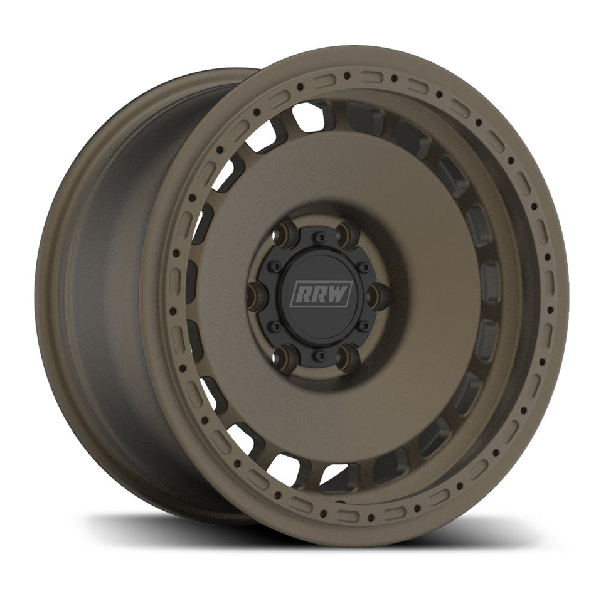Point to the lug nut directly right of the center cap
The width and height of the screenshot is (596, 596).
click(x=378, y=294)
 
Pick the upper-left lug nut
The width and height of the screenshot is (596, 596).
click(x=287, y=233)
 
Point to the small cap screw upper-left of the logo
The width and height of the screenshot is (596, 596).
click(x=275, y=266)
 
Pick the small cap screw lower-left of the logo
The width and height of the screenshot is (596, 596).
click(x=275, y=326)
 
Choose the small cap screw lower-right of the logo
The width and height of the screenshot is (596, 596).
click(x=363, y=325)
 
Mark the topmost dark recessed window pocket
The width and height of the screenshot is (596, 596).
click(x=366, y=117)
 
